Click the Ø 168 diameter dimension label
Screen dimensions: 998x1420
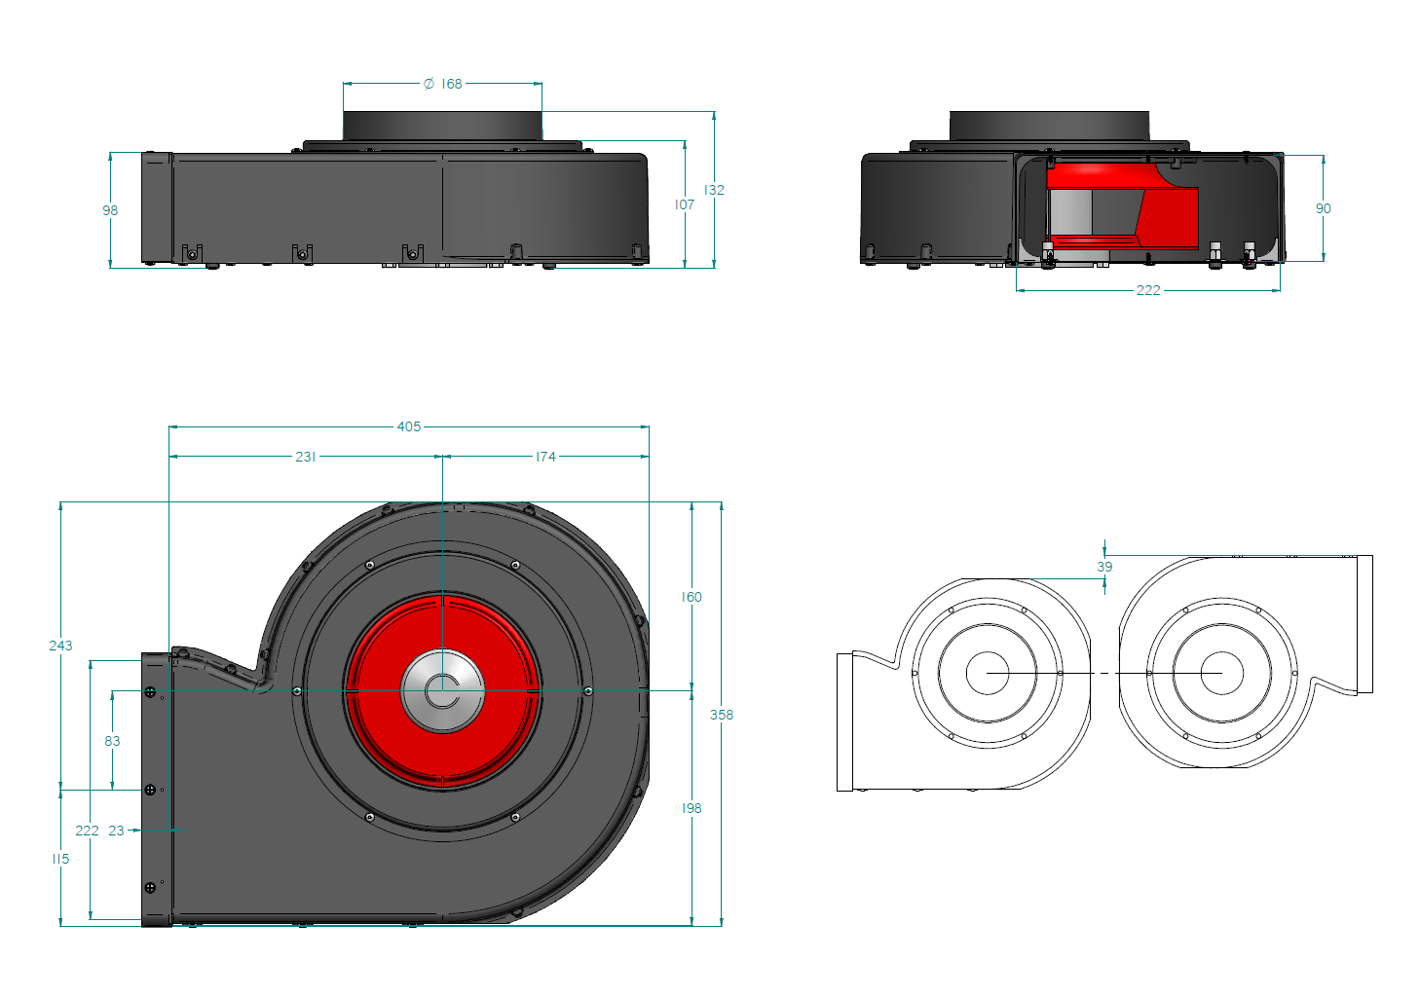[x=443, y=85]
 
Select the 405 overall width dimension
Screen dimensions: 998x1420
[x=409, y=426]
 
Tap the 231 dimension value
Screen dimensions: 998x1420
[x=306, y=457]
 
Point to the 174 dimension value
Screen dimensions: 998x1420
[x=545, y=457]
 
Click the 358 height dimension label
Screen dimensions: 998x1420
[x=722, y=715]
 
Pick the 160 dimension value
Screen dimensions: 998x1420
[x=691, y=597]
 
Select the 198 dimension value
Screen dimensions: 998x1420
[x=691, y=808]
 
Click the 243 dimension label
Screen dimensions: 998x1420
[x=60, y=646]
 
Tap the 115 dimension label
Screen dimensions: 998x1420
[x=60, y=859]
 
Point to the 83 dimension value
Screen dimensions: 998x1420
[x=113, y=741]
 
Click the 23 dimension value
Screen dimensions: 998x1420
[x=117, y=831]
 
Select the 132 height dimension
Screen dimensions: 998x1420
[x=714, y=190]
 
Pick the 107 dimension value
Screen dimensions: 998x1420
[x=685, y=204]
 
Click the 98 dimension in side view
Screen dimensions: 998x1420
[x=110, y=210]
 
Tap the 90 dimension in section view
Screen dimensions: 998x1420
[x=1323, y=208]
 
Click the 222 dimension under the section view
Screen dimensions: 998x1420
[x=1148, y=290]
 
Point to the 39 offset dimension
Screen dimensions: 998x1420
[x=1104, y=567]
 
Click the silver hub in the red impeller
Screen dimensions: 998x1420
[x=443, y=690]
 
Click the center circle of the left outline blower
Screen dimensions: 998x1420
[x=988, y=673]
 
